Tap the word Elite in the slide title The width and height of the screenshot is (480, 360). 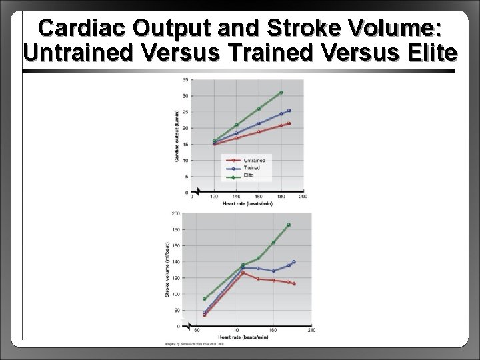coord(427,53)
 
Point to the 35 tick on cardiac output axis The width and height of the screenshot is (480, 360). coord(185,80)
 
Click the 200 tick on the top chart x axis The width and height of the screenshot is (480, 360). coord(303,197)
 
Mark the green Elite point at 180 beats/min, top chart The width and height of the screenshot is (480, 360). coord(281,93)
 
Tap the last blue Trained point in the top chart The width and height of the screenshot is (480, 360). coord(289,111)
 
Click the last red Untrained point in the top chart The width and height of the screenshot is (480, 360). coord(289,123)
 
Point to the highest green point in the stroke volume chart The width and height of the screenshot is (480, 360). coord(289,225)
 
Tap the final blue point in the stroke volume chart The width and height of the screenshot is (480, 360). coord(294,262)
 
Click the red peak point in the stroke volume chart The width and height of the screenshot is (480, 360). coord(243,273)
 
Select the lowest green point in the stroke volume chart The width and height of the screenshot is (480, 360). coord(204,299)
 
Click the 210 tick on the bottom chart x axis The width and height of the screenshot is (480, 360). coord(311,330)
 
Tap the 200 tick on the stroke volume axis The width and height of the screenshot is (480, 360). coord(175,214)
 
